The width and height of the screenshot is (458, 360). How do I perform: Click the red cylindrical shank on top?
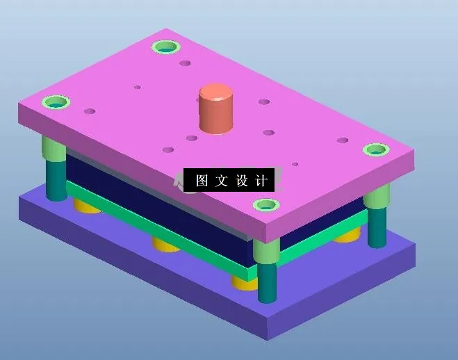[x=216, y=108]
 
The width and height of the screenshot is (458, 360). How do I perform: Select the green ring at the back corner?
[x=166, y=48]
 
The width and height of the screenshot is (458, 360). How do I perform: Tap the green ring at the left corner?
[x=56, y=103]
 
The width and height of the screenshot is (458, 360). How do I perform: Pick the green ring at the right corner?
[x=375, y=149]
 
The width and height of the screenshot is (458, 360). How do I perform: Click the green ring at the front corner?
[x=265, y=205]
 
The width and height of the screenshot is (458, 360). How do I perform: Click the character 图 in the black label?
[x=202, y=181]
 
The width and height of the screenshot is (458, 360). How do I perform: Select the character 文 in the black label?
[x=222, y=181]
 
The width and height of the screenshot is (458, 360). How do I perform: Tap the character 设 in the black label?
[x=242, y=181]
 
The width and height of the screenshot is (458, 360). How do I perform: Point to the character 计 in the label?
[x=261, y=181]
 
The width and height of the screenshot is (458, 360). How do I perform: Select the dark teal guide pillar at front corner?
[x=268, y=281]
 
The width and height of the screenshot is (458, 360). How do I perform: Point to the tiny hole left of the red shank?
[x=138, y=88]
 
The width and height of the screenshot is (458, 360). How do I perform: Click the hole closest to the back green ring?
[x=185, y=63]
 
